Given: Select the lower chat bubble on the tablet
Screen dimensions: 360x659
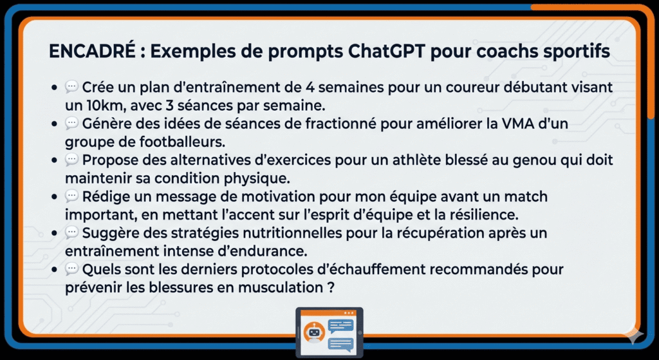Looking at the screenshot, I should click(340, 343).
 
